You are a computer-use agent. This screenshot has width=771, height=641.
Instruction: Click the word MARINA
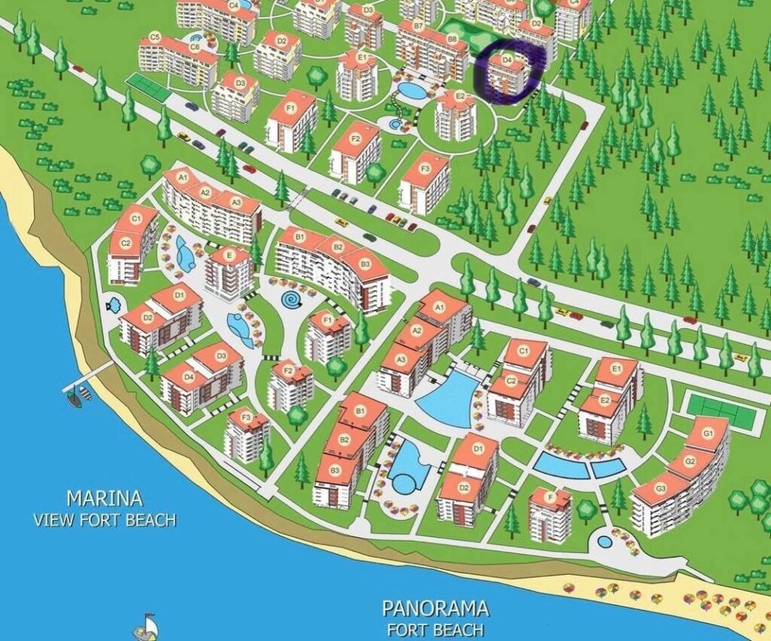point(105,498)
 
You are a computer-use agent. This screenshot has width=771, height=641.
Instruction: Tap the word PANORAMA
point(435,608)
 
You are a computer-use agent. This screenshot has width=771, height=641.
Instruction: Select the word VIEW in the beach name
point(53,520)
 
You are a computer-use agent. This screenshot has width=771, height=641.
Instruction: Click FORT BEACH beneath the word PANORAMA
point(435,630)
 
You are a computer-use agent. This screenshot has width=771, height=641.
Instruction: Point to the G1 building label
point(708,433)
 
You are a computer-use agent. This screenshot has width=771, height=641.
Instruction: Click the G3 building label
point(661,488)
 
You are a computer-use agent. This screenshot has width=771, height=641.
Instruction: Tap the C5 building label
point(155,37)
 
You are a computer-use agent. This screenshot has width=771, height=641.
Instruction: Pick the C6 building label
point(195,47)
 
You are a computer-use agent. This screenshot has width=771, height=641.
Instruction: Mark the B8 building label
point(452,38)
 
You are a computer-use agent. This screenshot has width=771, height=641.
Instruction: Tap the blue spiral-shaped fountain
point(292,300)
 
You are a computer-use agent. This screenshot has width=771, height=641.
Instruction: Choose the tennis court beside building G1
point(721,411)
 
